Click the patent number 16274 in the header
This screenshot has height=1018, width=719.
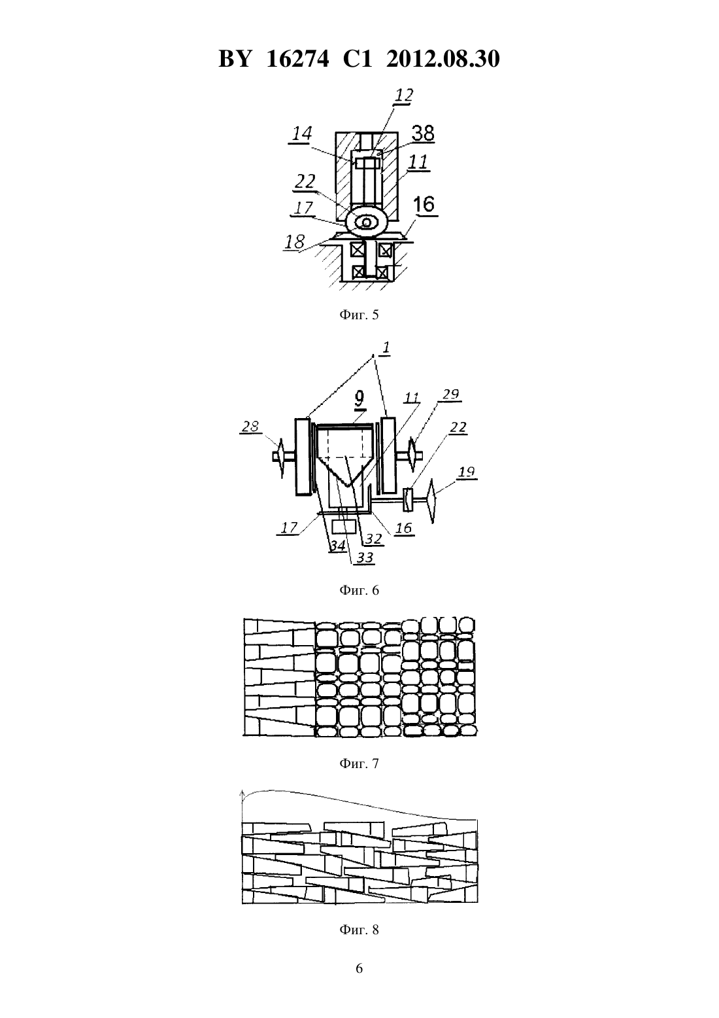pos(297,59)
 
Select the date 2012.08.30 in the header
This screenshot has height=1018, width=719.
pos(443,59)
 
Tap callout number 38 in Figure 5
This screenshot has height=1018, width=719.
pos(423,133)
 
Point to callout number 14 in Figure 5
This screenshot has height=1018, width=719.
pos(302,133)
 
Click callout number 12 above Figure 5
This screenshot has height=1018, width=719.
pos(403,95)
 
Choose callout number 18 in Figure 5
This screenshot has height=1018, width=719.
pos(295,242)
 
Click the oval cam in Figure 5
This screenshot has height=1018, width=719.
pos(367,222)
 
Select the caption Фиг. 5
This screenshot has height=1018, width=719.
pos(359,315)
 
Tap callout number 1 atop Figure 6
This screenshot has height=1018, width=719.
pos(386,348)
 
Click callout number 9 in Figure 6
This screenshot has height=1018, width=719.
pos(359,398)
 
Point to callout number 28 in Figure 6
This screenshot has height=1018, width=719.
pos(250,427)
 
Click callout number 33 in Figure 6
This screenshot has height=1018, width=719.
pos(365,557)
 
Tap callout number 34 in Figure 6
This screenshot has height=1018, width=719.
pos(337,546)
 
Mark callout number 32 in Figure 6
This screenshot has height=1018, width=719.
pos(374,538)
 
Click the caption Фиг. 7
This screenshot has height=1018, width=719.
pos(359,763)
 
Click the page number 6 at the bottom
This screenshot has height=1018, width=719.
pos(359,968)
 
